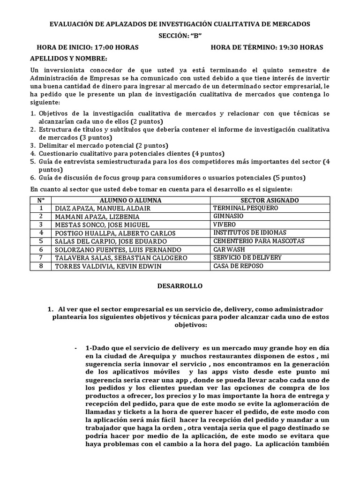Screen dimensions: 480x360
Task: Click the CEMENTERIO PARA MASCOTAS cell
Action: pyautogui.click(x=259, y=241)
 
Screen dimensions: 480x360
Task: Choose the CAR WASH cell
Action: pyautogui.click(x=229, y=249)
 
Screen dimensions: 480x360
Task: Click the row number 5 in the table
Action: pyautogui.click(x=41, y=241)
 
